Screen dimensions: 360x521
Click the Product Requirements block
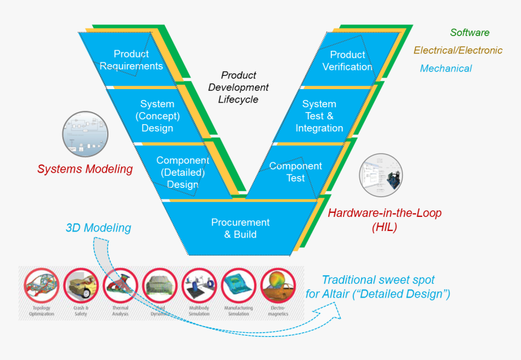[131, 60]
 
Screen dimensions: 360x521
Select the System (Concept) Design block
[157, 116]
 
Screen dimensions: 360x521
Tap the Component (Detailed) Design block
[182, 172]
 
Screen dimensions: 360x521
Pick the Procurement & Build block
[241, 228]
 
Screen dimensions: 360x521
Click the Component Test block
[295, 172]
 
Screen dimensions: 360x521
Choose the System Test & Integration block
[319, 116]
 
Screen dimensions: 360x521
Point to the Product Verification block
[347, 61]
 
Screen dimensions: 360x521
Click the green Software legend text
[470, 33]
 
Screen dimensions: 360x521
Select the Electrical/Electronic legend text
[458, 50]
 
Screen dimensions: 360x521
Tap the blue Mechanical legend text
[446, 68]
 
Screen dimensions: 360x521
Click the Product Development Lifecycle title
[238, 87]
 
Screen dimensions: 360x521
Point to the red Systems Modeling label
[85, 169]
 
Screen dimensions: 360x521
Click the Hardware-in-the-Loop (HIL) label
[385, 220]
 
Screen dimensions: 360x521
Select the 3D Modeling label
[98, 228]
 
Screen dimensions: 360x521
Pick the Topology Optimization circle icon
[42, 286]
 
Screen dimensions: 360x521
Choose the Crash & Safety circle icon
[82, 286]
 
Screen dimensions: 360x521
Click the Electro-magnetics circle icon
[278, 286]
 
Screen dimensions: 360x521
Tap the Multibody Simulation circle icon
[199, 286]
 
